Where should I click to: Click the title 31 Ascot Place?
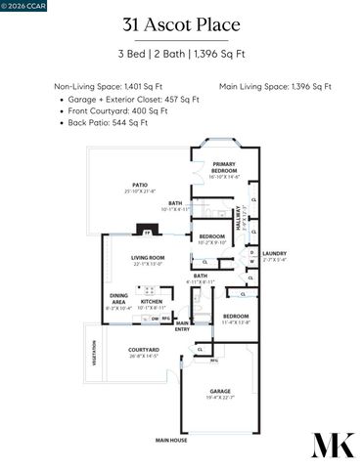click(181, 25)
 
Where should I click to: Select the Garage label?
click(219, 393)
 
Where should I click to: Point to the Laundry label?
click(274, 256)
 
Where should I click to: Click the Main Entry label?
click(182, 326)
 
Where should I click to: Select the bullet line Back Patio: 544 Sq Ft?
click(108, 122)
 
